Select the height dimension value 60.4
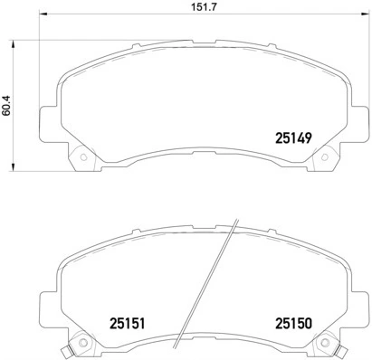coord(9,105)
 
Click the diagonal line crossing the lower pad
coord(206,280)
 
